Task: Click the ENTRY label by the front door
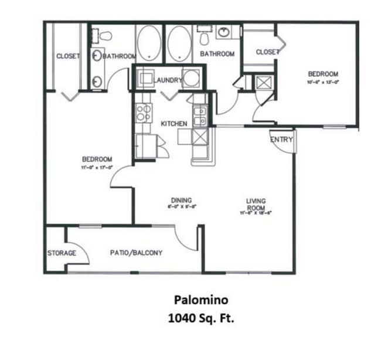point(281,140)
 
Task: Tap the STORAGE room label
point(62,253)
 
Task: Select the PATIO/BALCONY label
point(136,253)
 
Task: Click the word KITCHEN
point(174,124)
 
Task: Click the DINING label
point(181,201)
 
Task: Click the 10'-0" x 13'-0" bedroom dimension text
point(323,82)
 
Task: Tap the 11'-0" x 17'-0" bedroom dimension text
point(97,167)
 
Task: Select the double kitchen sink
point(199,116)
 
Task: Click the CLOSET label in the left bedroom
point(68,56)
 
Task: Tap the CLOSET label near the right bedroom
point(268,52)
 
